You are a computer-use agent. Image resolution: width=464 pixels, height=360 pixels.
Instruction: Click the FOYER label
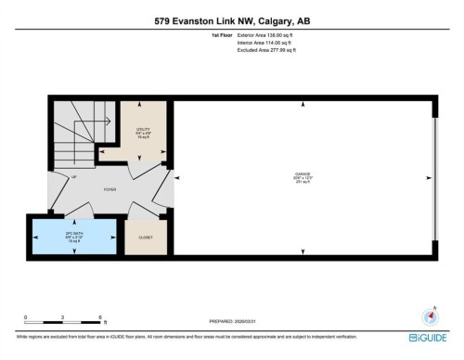point(110,186)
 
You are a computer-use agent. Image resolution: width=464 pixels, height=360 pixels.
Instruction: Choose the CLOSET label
point(143,238)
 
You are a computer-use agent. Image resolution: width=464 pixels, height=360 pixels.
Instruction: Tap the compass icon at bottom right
point(429,315)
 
